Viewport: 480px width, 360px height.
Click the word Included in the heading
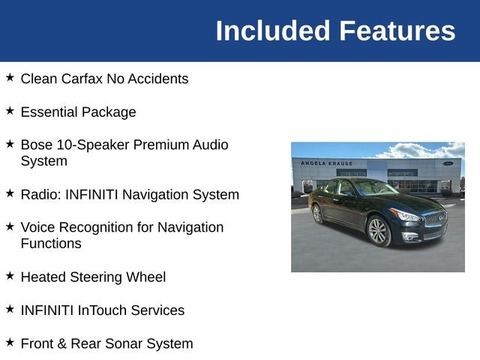[273, 31]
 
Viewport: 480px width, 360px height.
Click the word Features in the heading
[397, 31]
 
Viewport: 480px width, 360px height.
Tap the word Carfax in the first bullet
[82, 79]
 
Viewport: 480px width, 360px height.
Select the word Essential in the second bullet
[48, 112]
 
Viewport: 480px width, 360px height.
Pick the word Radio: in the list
[41, 194]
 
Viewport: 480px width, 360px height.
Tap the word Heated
[43, 277]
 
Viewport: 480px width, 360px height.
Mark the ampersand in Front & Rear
[61, 343]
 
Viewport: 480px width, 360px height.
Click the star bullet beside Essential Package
[10, 110]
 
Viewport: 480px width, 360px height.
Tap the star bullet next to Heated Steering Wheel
[10, 275]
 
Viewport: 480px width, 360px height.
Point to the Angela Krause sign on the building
[326, 163]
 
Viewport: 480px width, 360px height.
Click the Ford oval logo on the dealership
[448, 163]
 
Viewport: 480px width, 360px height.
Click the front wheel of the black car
[379, 231]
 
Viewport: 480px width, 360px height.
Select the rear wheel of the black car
[317, 214]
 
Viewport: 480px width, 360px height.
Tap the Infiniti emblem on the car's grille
[440, 218]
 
